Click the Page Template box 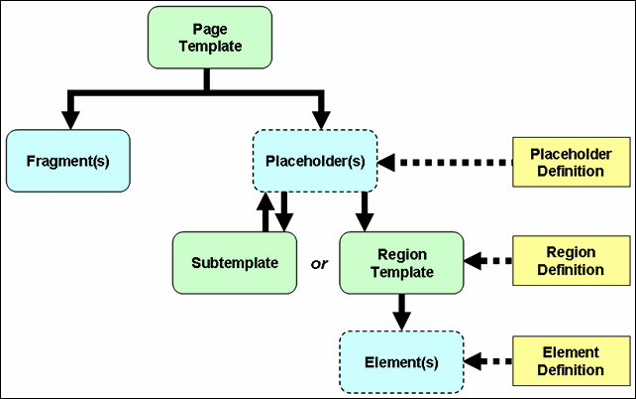pyautogui.click(x=210, y=37)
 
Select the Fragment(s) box pyautogui.click(x=67, y=160)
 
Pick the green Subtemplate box pyautogui.click(x=234, y=263)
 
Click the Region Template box pyautogui.click(x=401, y=263)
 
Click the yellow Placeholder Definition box pyautogui.click(x=571, y=162)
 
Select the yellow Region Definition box pyautogui.click(x=571, y=261)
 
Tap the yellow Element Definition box pyautogui.click(x=571, y=360)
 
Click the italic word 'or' pyautogui.click(x=319, y=264)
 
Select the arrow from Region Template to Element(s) pyautogui.click(x=401, y=312)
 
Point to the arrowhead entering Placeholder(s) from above pyautogui.click(x=320, y=118)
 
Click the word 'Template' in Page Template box pyautogui.click(x=210, y=46)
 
